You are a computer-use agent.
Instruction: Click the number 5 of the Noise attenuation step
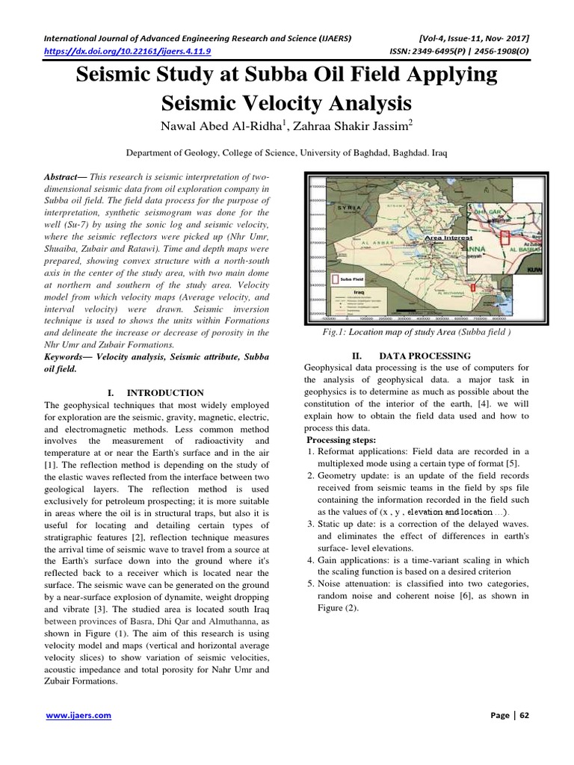coord(310,583)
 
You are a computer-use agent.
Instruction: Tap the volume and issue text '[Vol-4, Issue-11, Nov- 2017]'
coord(465,37)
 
